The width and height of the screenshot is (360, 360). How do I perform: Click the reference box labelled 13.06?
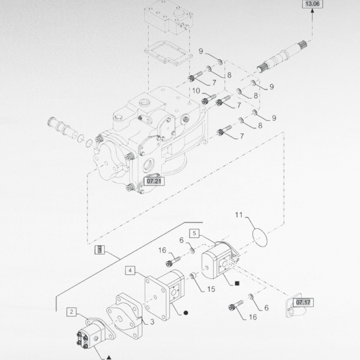[x=312, y=4]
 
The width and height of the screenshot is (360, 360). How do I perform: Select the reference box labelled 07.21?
[x=154, y=181]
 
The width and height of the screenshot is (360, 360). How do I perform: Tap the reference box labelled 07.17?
[x=303, y=302]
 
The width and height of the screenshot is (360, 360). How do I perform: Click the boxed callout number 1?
[x=99, y=250]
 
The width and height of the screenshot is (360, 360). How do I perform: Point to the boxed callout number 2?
[x=71, y=312]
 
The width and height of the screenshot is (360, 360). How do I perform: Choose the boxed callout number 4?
[x=130, y=271]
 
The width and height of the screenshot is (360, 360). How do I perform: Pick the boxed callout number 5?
[x=194, y=233]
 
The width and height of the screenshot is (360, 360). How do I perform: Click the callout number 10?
[x=196, y=91]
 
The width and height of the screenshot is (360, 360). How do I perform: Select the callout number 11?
[x=239, y=215]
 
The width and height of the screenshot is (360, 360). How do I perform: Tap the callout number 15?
[x=211, y=289]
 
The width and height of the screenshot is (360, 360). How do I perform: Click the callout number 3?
[x=152, y=322]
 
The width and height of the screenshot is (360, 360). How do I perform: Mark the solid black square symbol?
[x=237, y=283]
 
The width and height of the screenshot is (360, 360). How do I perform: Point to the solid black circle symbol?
[x=186, y=313]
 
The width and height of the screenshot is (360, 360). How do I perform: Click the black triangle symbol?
[x=109, y=357]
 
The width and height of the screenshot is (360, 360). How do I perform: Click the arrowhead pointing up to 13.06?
[x=312, y=11]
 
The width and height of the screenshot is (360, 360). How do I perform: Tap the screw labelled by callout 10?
[x=208, y=99]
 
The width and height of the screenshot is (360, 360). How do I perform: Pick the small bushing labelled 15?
[x=193, y=275]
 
